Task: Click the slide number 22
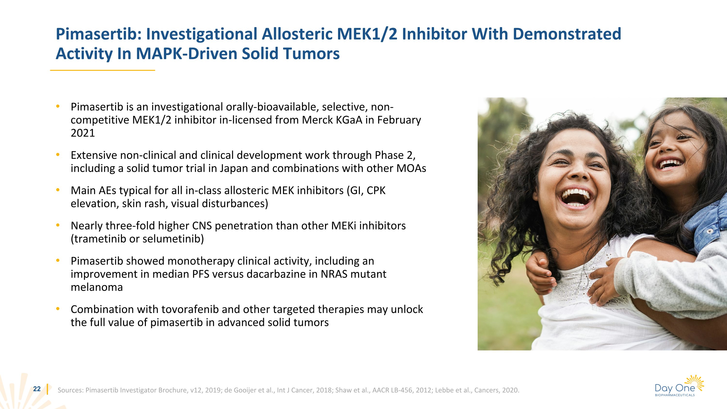point(37,389)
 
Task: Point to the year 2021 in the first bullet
point(83,133)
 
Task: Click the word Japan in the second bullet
point(234,168)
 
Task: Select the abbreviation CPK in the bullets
point(376,191)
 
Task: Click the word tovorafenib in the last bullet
point(190,309)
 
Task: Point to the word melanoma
point(97,287)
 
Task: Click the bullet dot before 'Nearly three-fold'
point(58,225)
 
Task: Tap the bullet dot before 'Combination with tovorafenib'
point(58,309)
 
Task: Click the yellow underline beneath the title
point(103,70)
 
